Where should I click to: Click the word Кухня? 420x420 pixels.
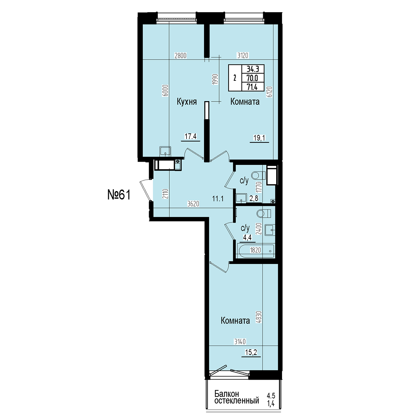coord(187,102)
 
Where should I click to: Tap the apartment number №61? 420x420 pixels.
coord(119,195)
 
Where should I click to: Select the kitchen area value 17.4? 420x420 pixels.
coord(190,136)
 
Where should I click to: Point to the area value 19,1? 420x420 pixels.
coord(259,138)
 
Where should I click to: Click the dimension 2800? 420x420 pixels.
coord(181,56)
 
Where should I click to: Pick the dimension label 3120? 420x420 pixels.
coord(243,56)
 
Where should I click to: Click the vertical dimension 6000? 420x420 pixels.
coord(166,90)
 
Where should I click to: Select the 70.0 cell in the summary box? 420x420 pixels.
coord(252,78)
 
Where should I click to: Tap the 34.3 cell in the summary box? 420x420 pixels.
coord(253,69)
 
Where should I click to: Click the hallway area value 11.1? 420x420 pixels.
coord(218,198)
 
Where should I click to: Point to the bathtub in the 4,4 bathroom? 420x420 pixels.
coord(256,251)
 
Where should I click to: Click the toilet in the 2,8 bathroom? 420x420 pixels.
coord(258,175)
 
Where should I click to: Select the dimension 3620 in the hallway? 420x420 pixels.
coord(193,204)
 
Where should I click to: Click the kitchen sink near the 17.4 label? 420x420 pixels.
coord(165,151)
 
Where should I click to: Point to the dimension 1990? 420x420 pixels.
coord(215,79)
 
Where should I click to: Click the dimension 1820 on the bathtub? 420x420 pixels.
coord(255,250)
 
